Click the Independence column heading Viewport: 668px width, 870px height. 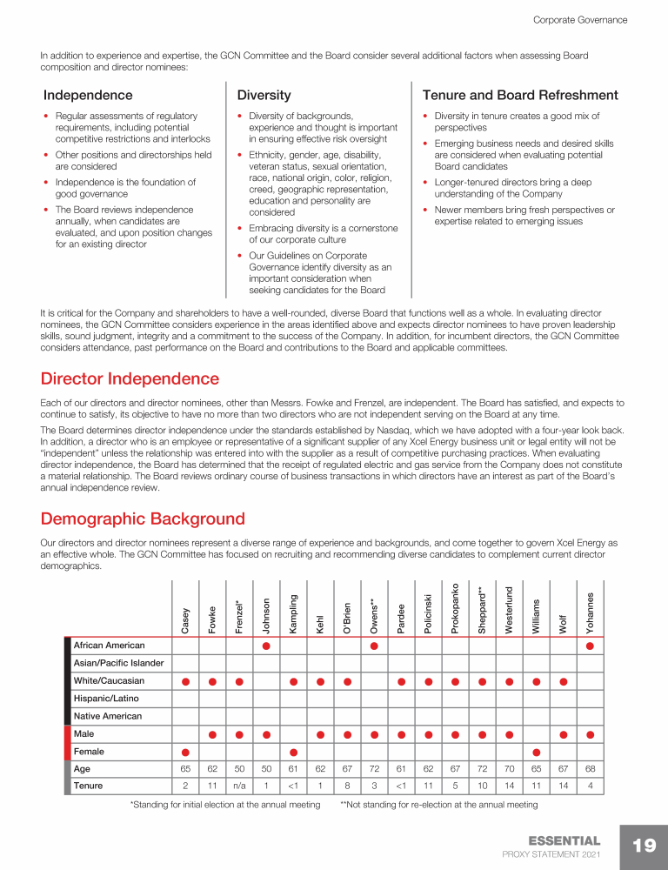click(x=88, y=95)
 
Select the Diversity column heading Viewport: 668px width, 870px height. click(x=264, y=95)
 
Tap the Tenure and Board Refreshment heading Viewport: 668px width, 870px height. click(x=519, y=95)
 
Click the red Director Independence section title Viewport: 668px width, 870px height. click(x=130, y=379)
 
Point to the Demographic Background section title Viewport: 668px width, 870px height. click(x=143, y=519)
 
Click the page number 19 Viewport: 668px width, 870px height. click(x=644, y=846)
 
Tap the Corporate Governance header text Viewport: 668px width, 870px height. click(x=579, y=19)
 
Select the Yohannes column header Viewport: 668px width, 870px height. click(x=591, y=612)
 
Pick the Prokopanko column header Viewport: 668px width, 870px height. click(x=455, y=608)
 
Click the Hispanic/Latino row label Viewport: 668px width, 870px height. click(x=106, y=699)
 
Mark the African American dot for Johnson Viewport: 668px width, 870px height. click(x=266, y=646)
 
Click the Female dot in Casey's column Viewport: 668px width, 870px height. click(x=185, y=752)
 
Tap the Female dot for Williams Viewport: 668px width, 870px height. click(x=537, y=752)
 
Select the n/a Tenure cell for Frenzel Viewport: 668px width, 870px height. click(x=239, y=786)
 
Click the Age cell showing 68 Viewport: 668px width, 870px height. click(x=591, y=769)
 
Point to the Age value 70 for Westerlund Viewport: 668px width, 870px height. click(x=510, y=769)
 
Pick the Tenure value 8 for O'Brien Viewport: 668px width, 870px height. click(x=347, y=786)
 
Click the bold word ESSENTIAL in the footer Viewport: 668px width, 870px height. click(x=564, y=840)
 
